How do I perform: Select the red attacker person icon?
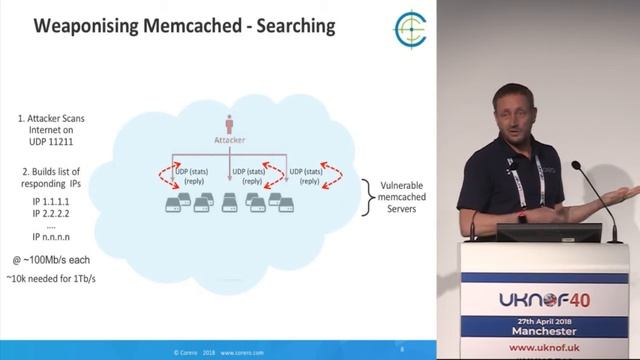click(230, 124)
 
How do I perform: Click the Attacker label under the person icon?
click(230, 140)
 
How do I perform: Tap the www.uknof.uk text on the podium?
click(545, 348)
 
